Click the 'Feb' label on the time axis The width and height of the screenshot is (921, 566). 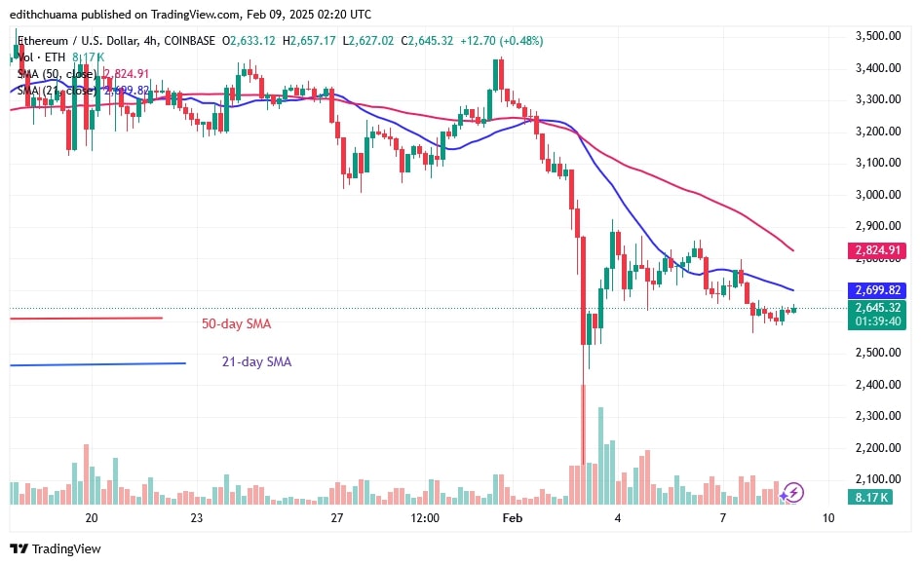click(x=513, y=517)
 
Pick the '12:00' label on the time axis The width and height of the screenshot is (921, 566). click(x=425, y=517)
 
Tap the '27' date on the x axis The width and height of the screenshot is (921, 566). click(x=337, y=517)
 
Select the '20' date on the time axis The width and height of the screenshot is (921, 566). click(x=92, y=517)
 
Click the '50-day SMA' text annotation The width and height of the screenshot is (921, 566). click(x=236, y=322)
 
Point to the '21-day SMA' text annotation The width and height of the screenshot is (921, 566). click(x=255, y=362)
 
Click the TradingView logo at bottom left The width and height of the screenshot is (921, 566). click(x=57, y=548)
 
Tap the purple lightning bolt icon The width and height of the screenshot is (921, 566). click(x=793, y=492)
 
